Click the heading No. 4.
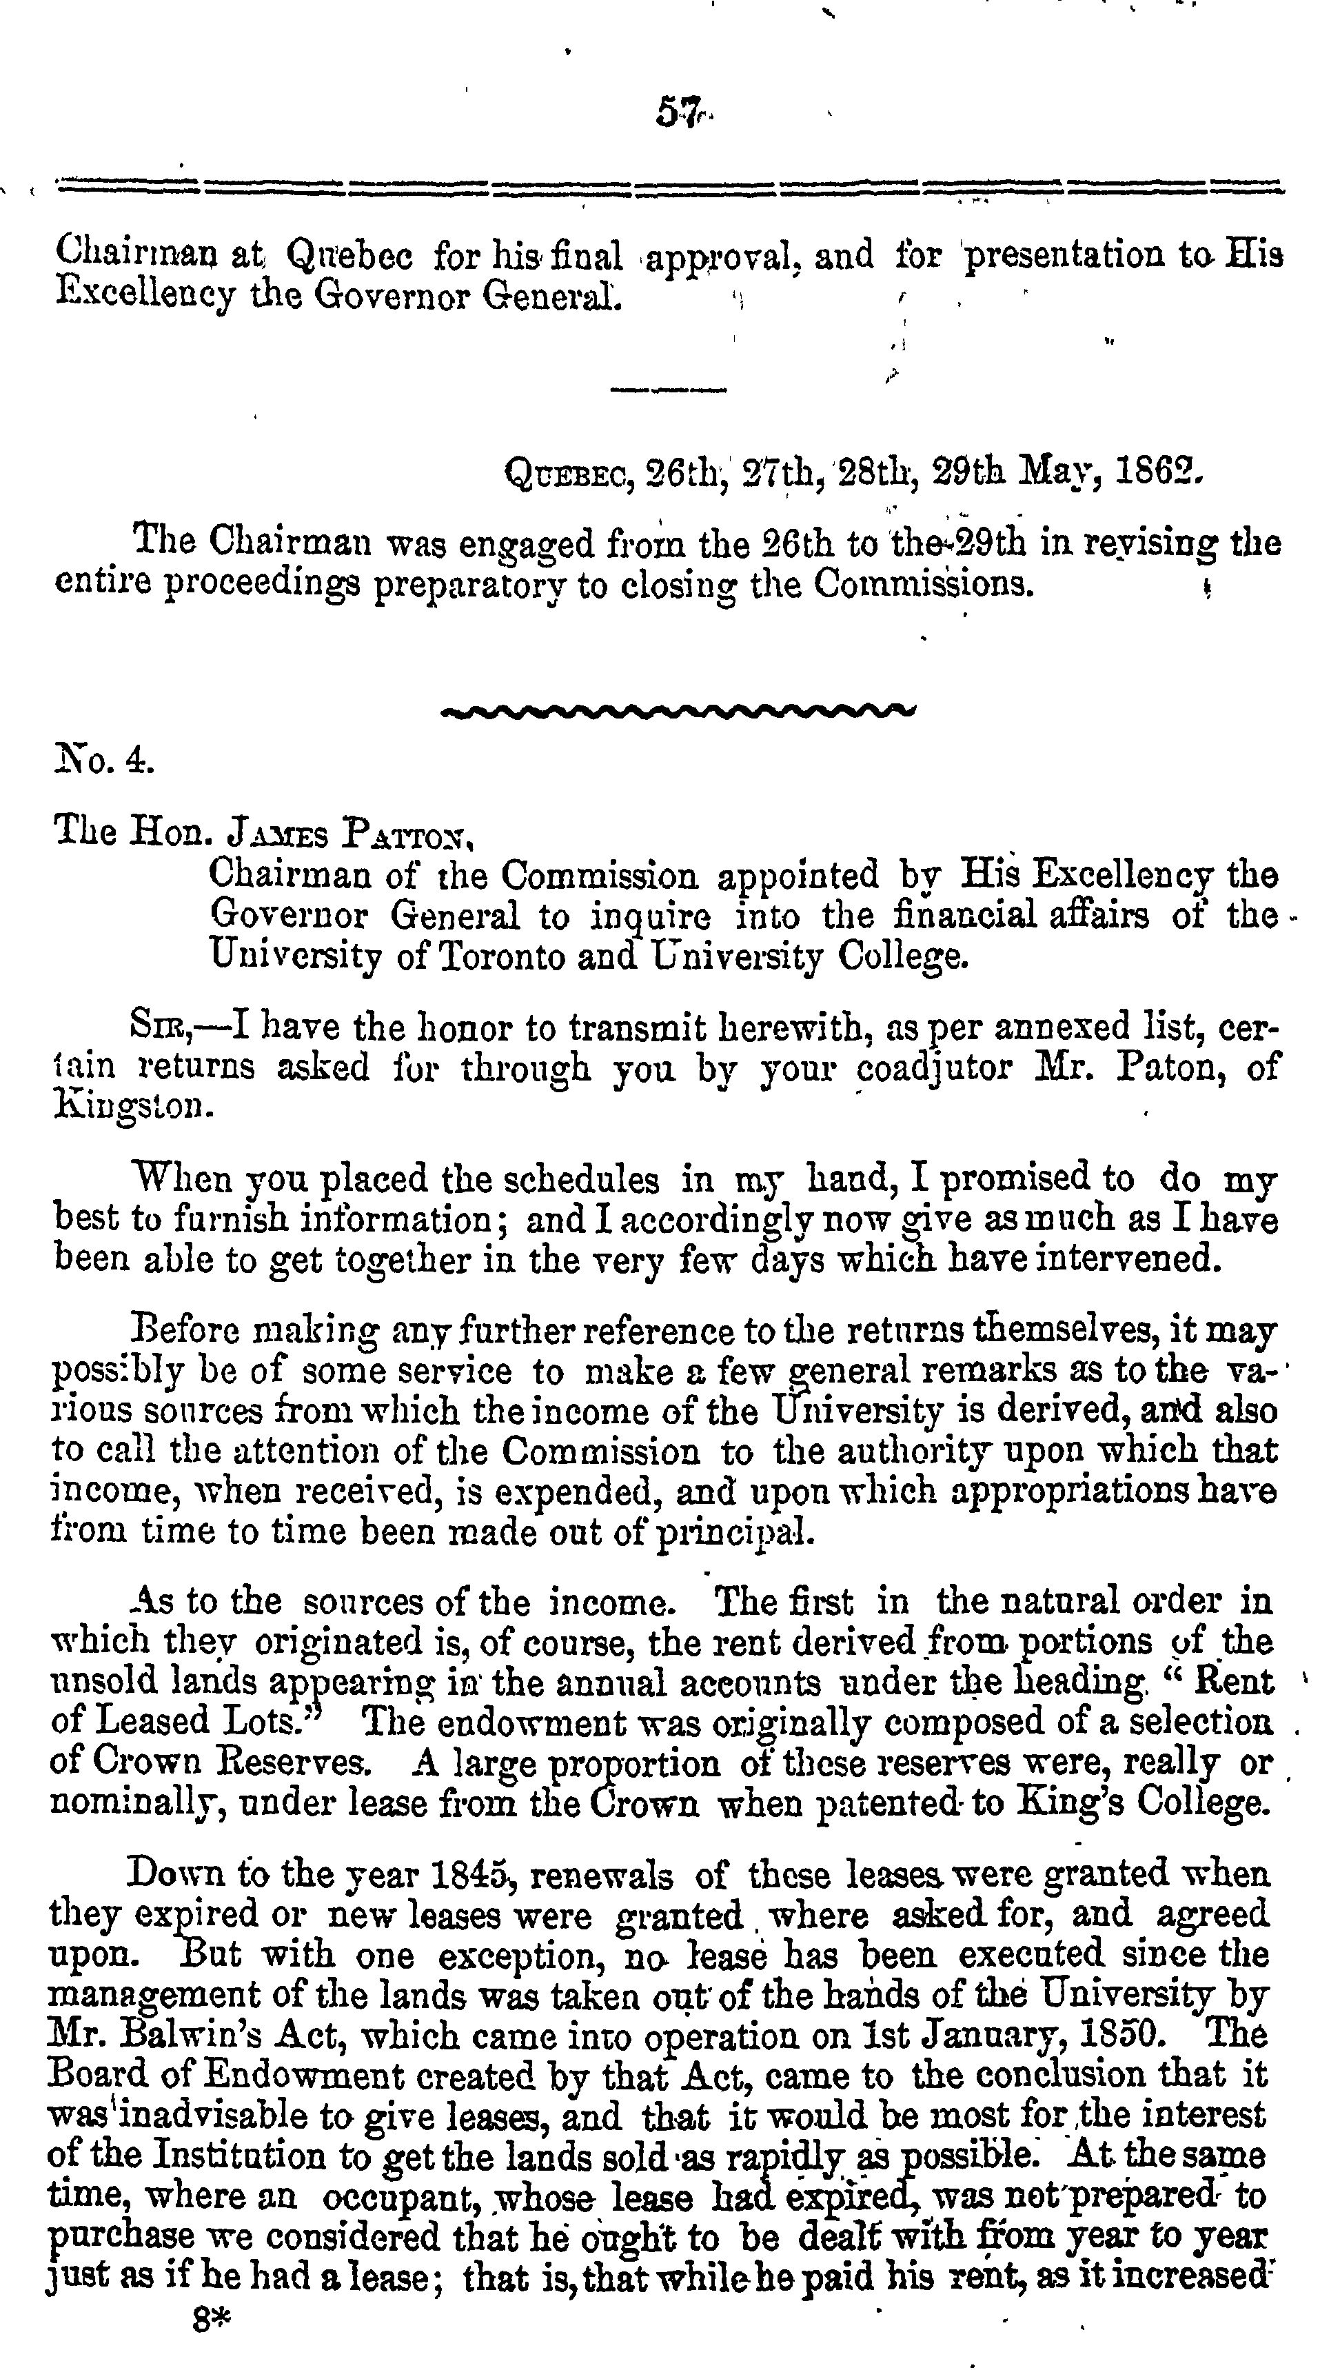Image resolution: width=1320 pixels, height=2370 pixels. coord(101,761)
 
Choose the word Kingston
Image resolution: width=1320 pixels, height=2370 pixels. coord(134,1104)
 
